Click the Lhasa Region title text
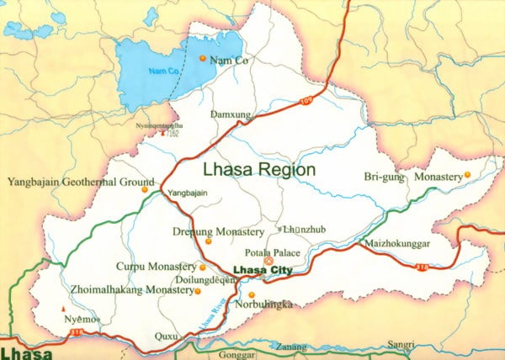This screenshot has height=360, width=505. [x=259, y=169]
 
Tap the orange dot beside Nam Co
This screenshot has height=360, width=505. [x=202, y=59]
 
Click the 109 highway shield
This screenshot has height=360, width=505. [x=304, y=102]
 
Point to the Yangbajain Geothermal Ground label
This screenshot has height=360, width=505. [x=81, y=181]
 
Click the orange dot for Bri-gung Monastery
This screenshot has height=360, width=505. [x=467, y=175]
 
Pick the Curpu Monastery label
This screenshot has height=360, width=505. [x=155, y=267]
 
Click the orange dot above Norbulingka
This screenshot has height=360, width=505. [x=251, y=294]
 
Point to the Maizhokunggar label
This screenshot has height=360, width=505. [x=398, y=245]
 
